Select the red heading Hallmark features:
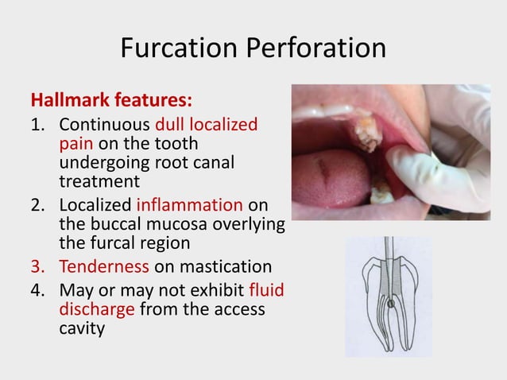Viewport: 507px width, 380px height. pyautogui.click(x=110, y=103)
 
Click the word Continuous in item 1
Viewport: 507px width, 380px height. pyautogui.click(x=105, y=125)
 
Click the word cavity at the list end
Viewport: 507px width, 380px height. pyautogui.click(x=82, y=328)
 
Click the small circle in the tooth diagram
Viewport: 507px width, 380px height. pyautogui.click(x=390, y=303)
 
